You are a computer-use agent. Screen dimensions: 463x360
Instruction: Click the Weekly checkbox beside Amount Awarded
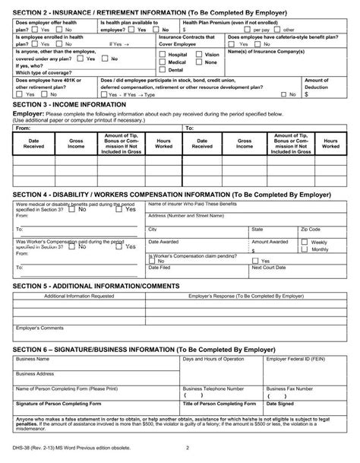(305, 243)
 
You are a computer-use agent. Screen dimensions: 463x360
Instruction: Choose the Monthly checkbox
(305, 249)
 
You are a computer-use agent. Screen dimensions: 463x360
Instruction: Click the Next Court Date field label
(269, 268)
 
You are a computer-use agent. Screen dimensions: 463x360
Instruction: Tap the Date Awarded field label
(163, 242)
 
